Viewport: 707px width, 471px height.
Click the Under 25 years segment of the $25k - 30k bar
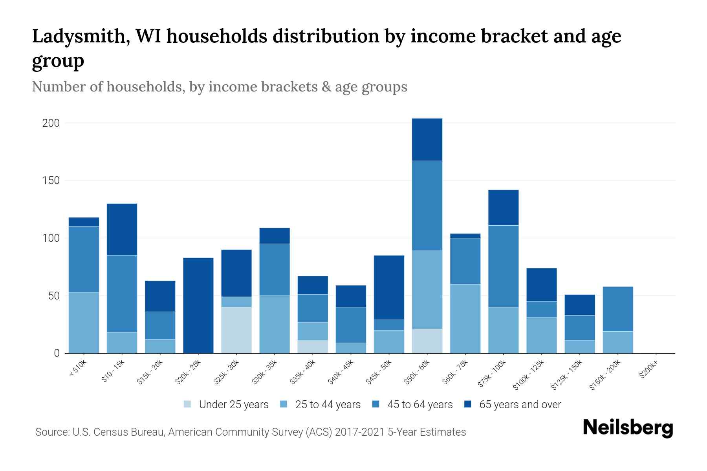236,330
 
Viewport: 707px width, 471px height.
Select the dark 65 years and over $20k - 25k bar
198,305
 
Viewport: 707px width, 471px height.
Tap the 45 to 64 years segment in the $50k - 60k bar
427,206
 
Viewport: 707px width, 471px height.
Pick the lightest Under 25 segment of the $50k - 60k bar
427,341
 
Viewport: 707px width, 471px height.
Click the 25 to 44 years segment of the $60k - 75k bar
465,319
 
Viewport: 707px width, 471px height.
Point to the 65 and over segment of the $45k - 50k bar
389,288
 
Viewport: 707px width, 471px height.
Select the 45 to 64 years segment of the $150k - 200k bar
617,309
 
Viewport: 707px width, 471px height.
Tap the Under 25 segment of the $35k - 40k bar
313,347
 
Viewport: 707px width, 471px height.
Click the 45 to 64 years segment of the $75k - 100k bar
503,266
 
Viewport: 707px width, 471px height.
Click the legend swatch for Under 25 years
187,404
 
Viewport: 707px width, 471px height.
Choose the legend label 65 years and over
520,405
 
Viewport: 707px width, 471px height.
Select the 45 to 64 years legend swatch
376,404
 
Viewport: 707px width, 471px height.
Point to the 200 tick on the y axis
51,123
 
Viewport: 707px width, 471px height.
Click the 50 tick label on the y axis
54,296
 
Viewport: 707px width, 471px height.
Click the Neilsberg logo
628,428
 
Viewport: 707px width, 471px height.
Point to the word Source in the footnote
52,432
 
